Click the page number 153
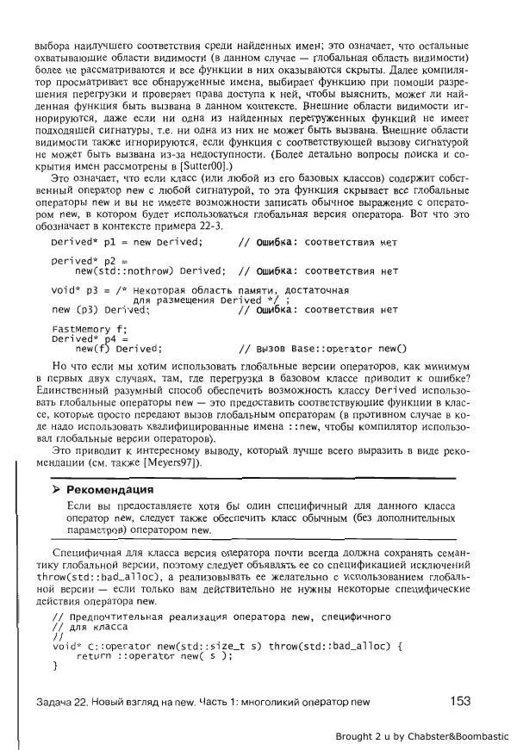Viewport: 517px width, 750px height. tap(460, 701)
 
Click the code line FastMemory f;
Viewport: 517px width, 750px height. tap(89, 329)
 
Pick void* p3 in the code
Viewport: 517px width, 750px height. tap(70, 290)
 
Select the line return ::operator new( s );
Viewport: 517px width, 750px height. tap(154, 655)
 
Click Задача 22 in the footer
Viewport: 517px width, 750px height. tap(67, 702)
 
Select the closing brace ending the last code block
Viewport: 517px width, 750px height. tap(54, 666)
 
